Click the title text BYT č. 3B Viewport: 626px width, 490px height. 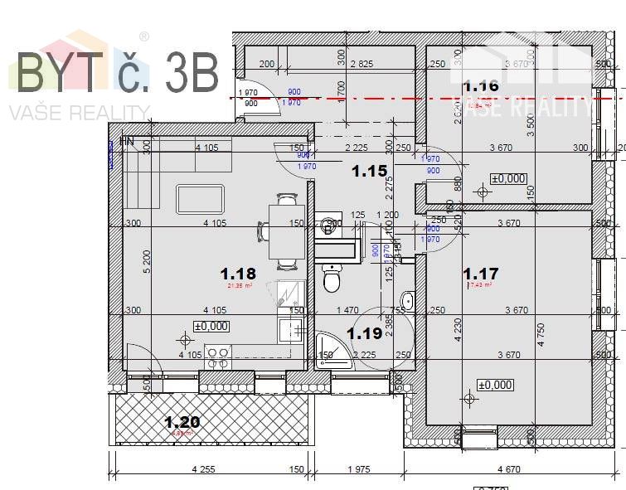click(116, 72)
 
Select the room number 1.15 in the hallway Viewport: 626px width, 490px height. click(369, 172)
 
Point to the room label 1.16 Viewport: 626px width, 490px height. click(481, 85)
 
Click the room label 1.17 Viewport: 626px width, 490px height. click(481, 273)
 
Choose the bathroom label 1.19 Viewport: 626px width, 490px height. click(364, 333)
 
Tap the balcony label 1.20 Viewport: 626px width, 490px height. click(181, 422)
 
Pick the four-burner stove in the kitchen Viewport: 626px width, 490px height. click(218, 357)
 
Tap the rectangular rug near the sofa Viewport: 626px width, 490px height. click(200, 200)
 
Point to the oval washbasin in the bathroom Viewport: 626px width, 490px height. click(406, 301)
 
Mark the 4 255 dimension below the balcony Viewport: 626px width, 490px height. click(202, 469)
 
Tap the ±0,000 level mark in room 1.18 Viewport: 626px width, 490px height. click(211, 326)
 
